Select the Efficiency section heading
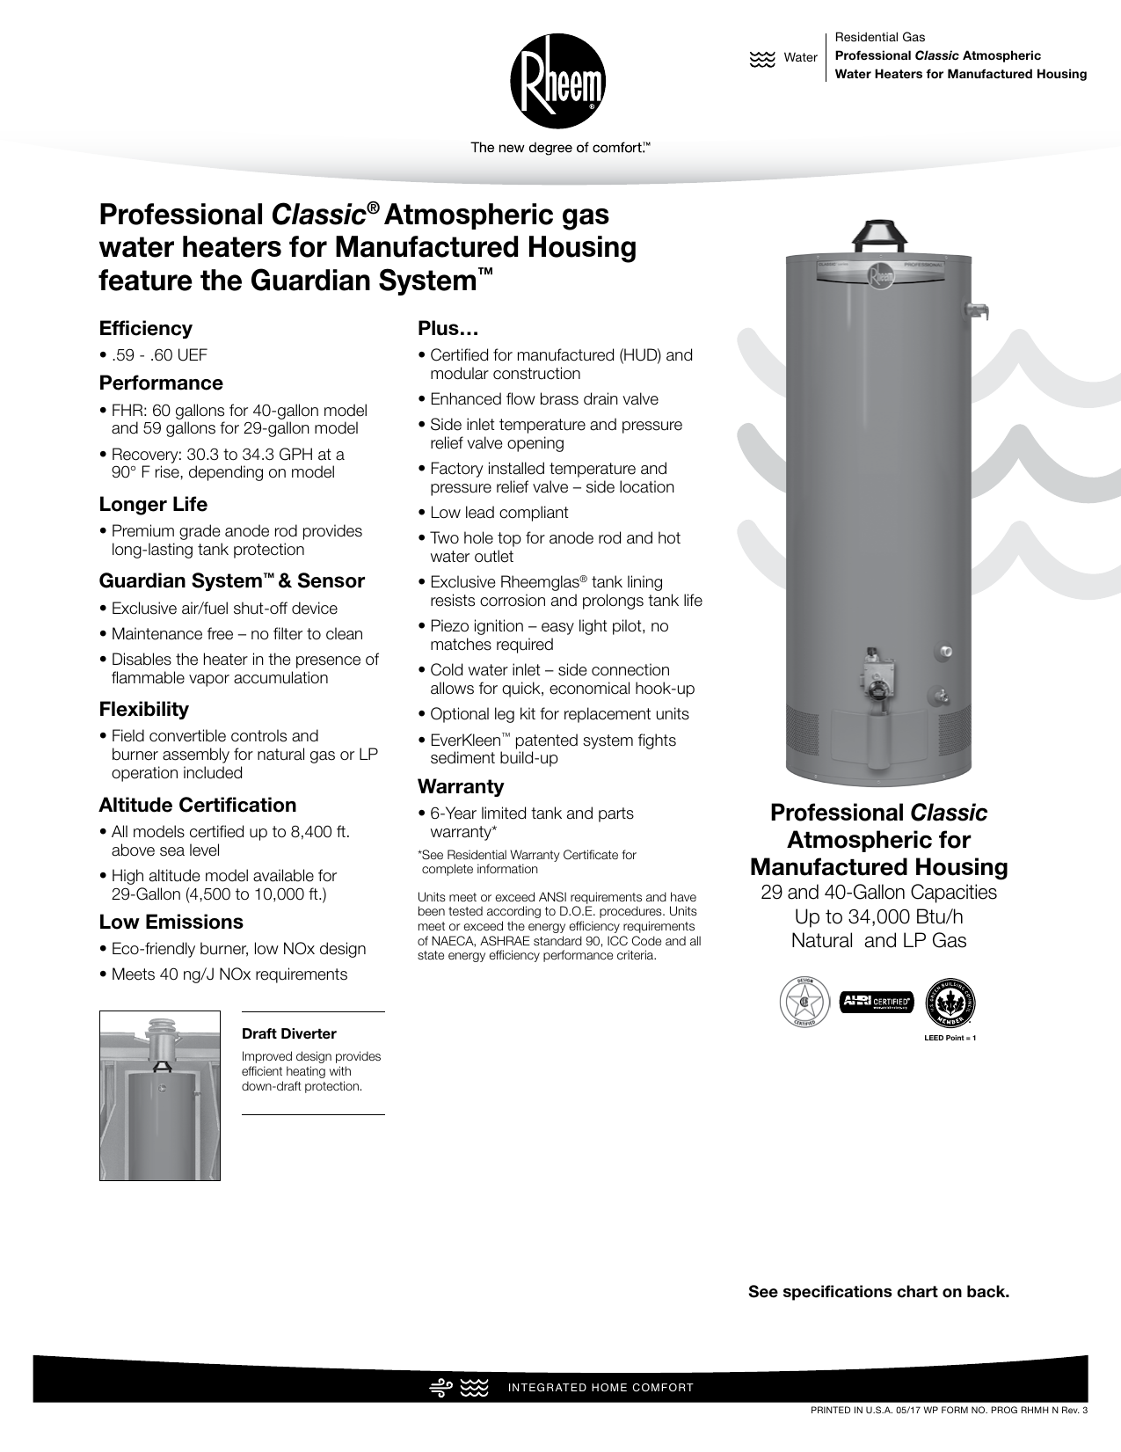coord(145,328)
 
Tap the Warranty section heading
coord(461,786)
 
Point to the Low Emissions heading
coord(171,922)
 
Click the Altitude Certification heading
coord(197,805)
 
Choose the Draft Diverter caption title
coord(288,1033)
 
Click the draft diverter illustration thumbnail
coord(159,1095)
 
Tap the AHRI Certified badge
coord(877,1002)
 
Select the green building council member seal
coord(950,1002)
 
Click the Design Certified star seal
coord(804,1002)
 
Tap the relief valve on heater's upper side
coord(976,310)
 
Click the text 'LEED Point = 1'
coord(950,1038)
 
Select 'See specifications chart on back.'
coord(878,1292)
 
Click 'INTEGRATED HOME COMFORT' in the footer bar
coord(601,1388)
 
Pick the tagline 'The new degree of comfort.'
coord(560,148)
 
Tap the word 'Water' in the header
coord(800,57)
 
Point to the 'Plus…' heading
coord(448,328)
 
